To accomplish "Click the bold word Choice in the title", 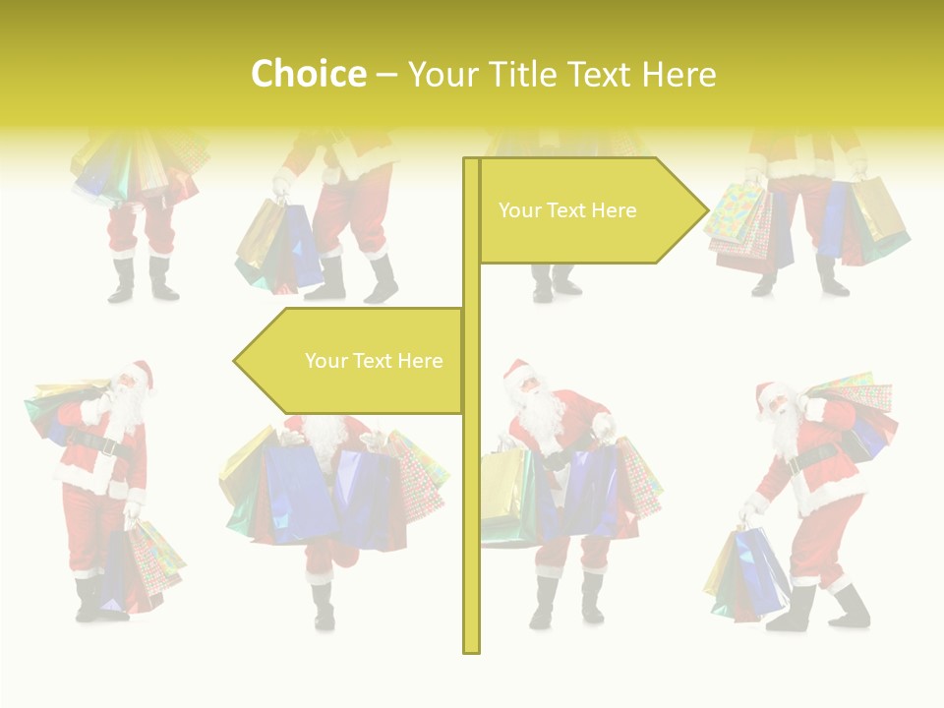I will [308, 75].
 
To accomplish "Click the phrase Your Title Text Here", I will [561, 75].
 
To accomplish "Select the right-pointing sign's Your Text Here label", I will [567, 210].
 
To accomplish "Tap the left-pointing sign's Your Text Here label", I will [374, 361].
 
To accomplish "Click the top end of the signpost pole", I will [471, 162].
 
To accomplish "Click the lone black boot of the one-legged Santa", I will [323, 608].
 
